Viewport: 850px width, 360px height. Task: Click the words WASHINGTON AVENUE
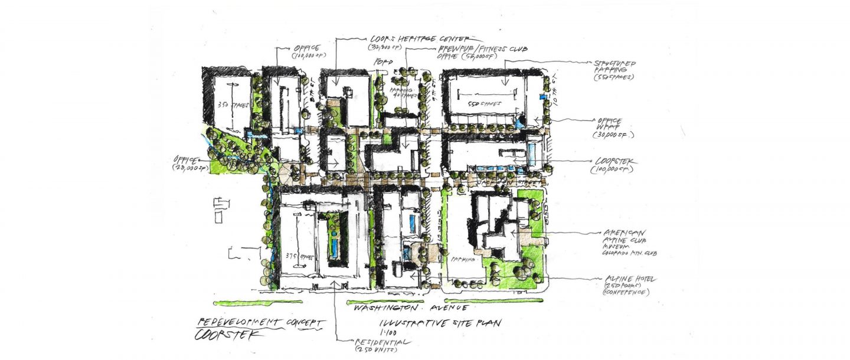(x=410, y=308)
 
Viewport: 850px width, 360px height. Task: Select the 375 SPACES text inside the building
(x=296, y=256)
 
